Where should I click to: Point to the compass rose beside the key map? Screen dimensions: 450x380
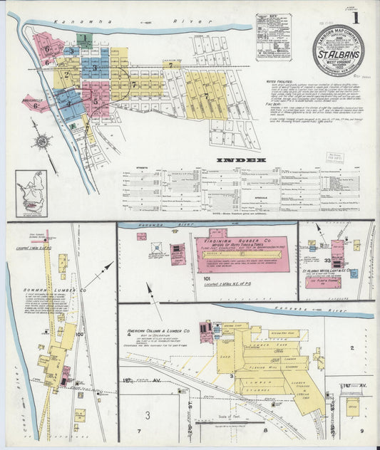[43, 141]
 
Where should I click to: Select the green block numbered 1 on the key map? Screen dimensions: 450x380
[84, 38]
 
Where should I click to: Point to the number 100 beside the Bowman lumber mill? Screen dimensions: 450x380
[79, 333]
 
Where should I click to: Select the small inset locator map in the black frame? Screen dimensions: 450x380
[31, 193]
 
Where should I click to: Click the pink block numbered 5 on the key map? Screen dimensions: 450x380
[96, 100]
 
